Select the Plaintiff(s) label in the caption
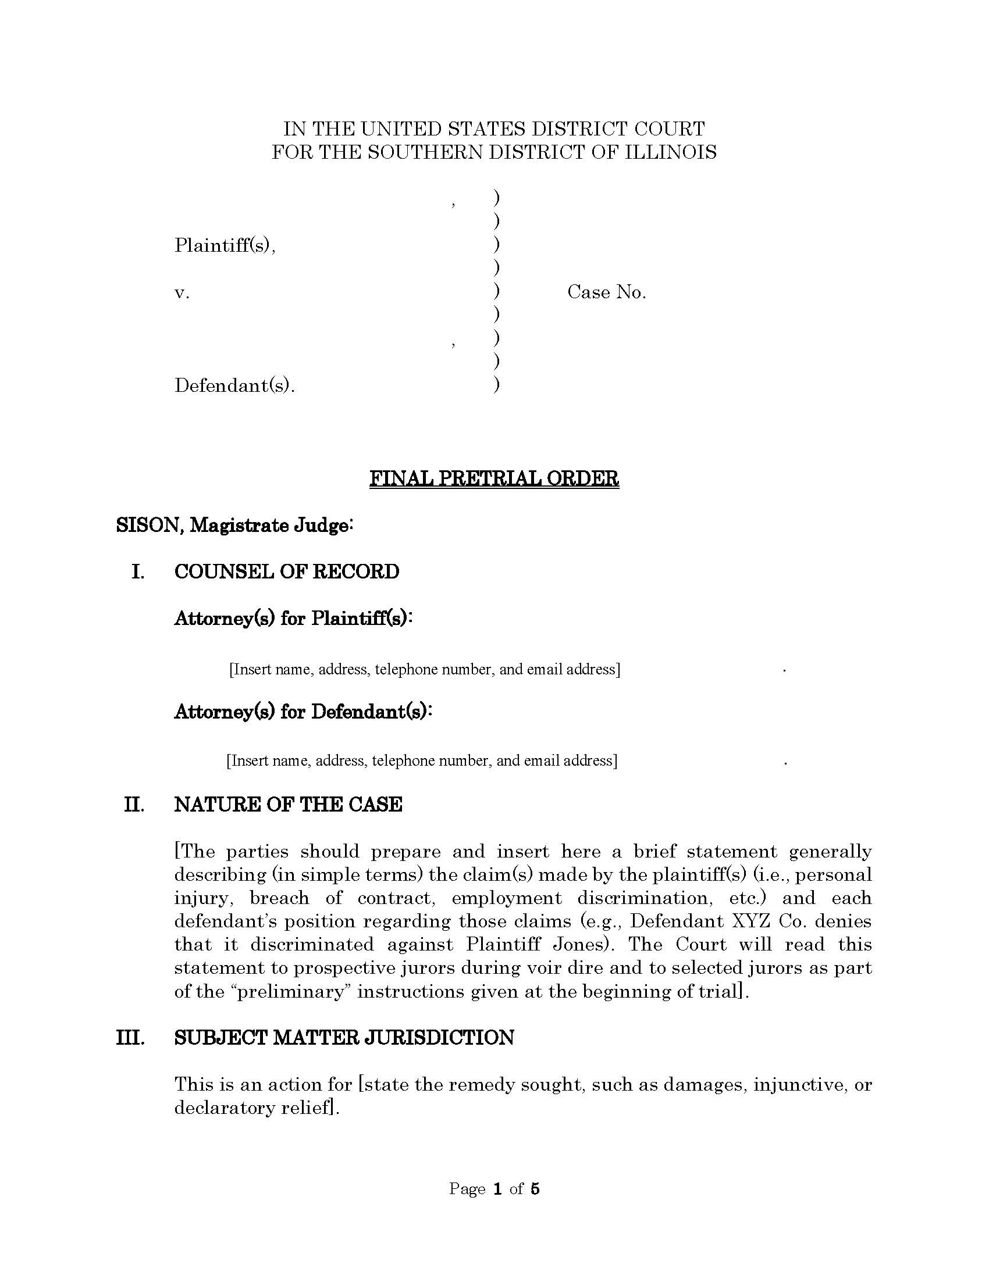pos(225,245)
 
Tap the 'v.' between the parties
pos(182,293)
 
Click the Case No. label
pos(606,292)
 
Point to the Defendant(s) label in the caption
pos(234,386)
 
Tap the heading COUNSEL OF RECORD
pos(286,571)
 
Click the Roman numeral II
pos(134,805)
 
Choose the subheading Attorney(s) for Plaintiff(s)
pos(293,619)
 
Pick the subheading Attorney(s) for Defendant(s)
pos(303,712)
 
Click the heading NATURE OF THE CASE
pos(287,805)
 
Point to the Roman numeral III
pos(130,1038)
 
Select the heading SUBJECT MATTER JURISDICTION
pos(344,1038)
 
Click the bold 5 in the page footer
pos(533,1189)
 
